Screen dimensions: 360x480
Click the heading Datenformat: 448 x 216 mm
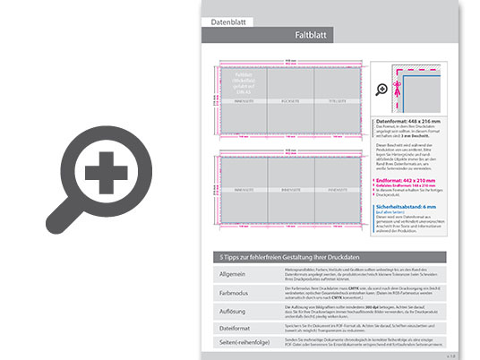click(x=408, y=120)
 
